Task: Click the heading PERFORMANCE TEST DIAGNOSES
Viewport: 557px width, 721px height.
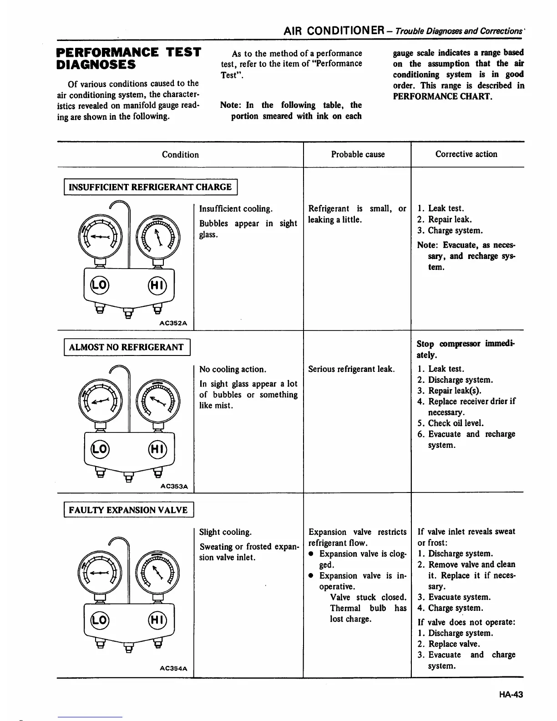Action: point(128,58)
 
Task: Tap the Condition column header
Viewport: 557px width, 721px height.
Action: point(180,154)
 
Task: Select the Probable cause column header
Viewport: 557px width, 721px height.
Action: point(358,154)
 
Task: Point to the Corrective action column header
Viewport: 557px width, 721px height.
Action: point(466,154)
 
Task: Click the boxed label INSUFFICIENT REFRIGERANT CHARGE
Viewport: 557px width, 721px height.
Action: point(150,187)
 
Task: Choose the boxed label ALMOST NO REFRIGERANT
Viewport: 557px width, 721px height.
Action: point(126,347)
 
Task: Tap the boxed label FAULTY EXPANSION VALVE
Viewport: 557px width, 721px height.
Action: point(128,510)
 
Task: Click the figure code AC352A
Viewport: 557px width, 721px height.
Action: point(174,323)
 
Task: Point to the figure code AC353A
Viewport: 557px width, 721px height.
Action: point(174,486)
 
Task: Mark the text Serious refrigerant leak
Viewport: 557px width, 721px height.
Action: point(352,369)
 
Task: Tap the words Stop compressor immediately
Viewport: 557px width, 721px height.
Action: point(466,349)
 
